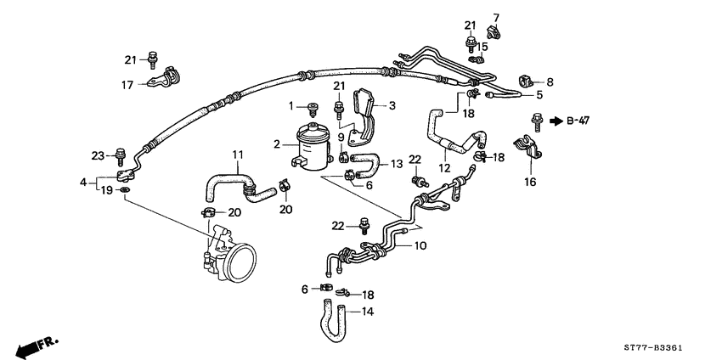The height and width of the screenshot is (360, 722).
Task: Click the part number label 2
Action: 277,145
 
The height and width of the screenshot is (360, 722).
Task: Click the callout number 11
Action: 238,155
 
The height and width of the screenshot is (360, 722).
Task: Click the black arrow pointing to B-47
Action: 556,121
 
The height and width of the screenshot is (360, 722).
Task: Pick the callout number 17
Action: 127,84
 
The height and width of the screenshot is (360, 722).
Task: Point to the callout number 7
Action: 497,17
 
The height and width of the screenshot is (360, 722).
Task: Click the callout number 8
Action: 550,82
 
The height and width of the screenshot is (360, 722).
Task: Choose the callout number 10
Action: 420,246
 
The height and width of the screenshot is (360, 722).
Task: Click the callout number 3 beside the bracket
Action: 392,106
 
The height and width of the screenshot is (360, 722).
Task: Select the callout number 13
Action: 397,164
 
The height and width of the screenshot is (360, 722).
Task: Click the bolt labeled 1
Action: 313,107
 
